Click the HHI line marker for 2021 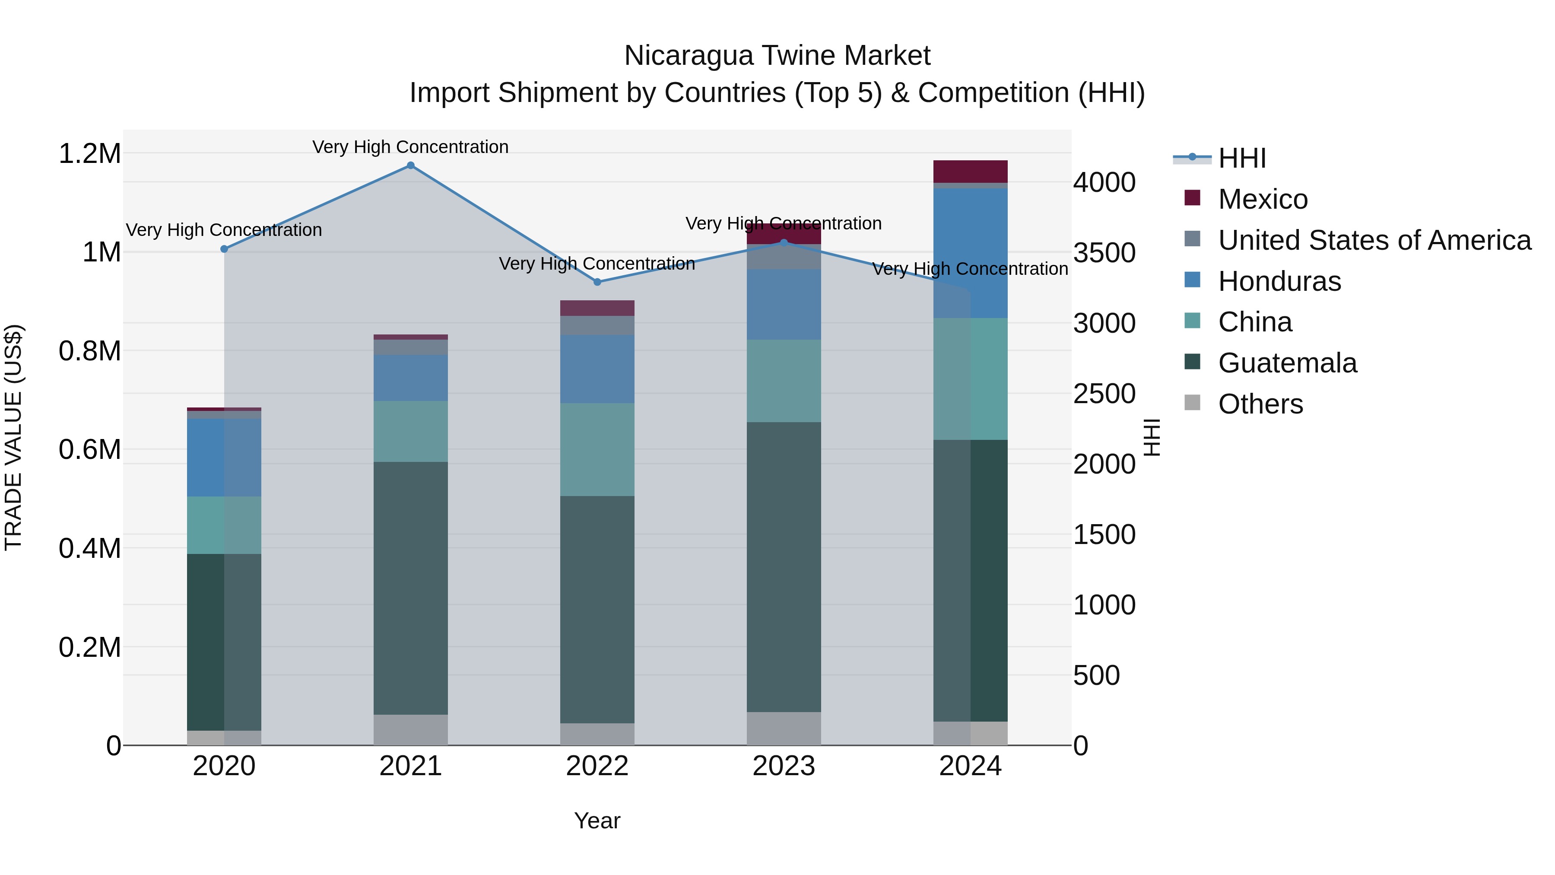click(410, 165)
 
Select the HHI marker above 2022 click(597, 282)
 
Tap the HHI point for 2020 click(224, 249)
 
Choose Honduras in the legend click(1279, 281)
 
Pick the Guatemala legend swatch click(1192, 363)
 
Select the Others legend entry click(1260, 404)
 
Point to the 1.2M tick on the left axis click(89, 154)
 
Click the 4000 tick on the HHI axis click(1104, 182)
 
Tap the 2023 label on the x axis click(784, 766)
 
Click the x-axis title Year click(597, 821)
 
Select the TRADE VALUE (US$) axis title click(13, 437)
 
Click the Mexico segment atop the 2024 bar click(970, 172)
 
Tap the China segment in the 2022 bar click(597, 449)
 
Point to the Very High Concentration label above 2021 click(410, 147)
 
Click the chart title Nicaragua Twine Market click(777, 56)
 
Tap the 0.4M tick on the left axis click(89, 549)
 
